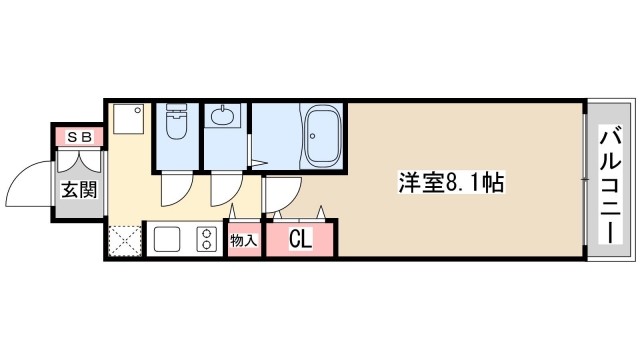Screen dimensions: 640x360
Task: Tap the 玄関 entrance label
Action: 79,188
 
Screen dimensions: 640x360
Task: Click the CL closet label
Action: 300,239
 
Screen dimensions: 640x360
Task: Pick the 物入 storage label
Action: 243,240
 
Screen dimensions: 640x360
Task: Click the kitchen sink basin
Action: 167,240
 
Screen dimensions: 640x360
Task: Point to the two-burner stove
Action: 207,240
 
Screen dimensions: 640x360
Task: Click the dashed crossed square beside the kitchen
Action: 124,241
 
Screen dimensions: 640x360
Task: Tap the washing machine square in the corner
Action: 127,121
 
